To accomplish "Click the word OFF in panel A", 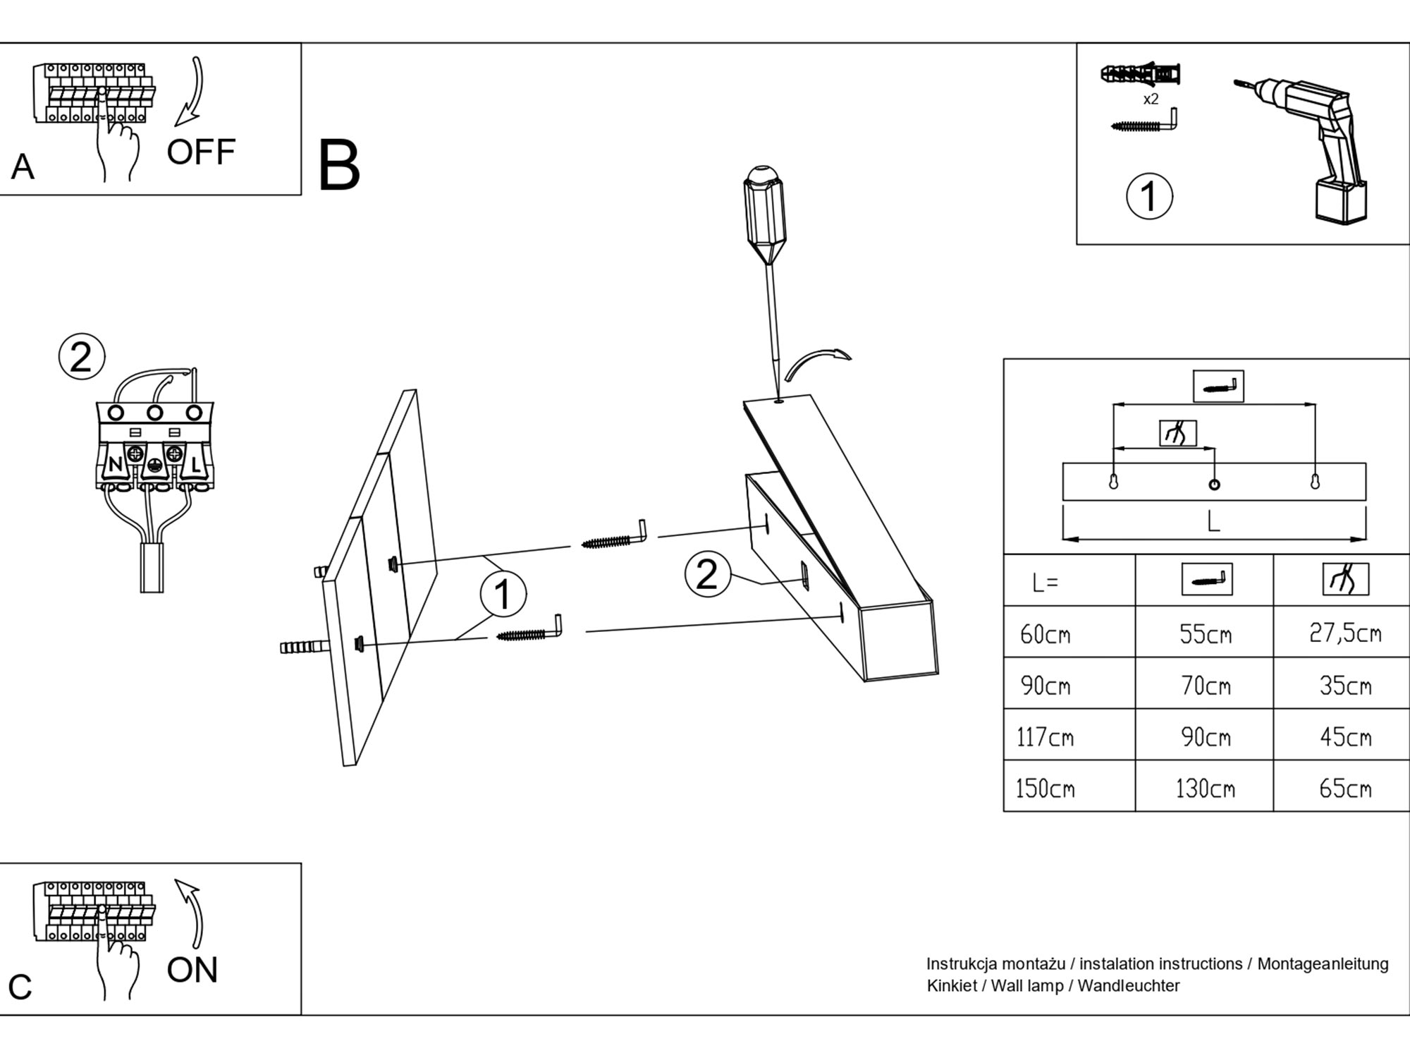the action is coord(201,152).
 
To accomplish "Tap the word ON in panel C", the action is coord(192,970).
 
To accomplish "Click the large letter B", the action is coord(339,166).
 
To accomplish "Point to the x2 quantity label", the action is coord(1151,99).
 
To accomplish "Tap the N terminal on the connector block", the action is coord(115,465).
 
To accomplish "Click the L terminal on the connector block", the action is coord(195,465).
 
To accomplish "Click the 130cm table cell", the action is coord(1205,788).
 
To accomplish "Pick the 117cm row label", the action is coord(1045,737).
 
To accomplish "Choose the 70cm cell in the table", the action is coord(1206,685).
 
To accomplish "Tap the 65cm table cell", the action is coord(1345,788).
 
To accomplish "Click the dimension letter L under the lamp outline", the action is coord(1213,522).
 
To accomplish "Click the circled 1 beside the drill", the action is coord(1149,196).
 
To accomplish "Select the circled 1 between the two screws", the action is coord(503,594).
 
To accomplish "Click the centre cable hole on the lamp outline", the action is coord(1214,485).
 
